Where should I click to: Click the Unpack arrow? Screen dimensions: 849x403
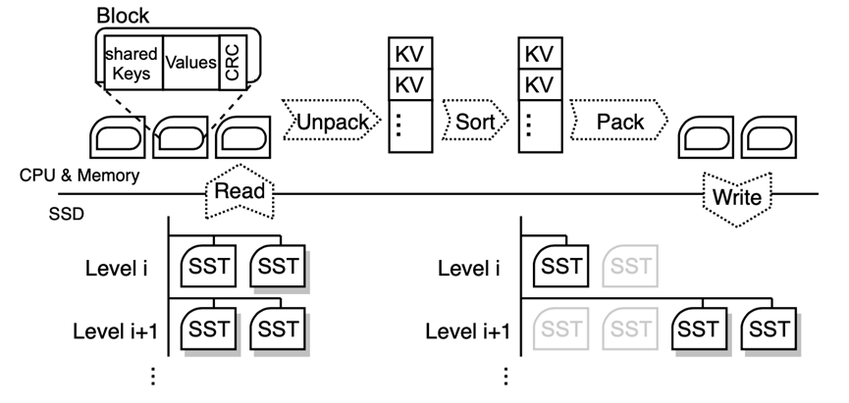tap(332, 120)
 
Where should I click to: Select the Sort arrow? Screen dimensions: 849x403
tap(475, 120)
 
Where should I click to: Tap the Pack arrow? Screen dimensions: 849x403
tap(619, 120)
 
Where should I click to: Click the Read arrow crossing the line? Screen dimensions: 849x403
tap(239, 191)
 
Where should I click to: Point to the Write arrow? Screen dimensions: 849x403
tap(737, 198)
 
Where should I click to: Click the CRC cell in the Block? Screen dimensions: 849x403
tap(234, 63)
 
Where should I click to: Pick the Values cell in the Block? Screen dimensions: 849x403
tap(191, 63)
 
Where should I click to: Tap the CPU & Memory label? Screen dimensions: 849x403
tap(80, 176)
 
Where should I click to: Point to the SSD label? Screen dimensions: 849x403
tap(67, 214)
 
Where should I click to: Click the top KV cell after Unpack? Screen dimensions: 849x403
tap(410, 53)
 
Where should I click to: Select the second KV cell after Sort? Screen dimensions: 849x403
tap(540, 84)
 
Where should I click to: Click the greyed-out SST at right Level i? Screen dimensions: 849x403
tap(631, 266)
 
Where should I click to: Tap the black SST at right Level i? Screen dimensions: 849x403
tap(561, 266)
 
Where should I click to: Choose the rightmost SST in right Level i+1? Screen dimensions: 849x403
tap(769, 328)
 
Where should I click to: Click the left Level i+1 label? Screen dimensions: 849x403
tap(116, 331)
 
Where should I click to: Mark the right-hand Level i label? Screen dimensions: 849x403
tap(469, 268)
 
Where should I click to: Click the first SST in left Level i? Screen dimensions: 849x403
tap(208, 266)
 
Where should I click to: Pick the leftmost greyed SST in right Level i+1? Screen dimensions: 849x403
tap(561, 328)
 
